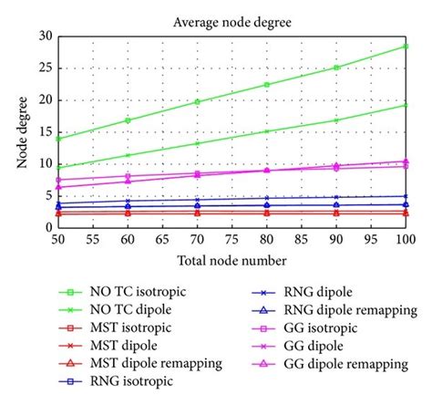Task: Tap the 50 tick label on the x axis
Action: [58, 242]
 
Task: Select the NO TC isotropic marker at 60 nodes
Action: [128, 120]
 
